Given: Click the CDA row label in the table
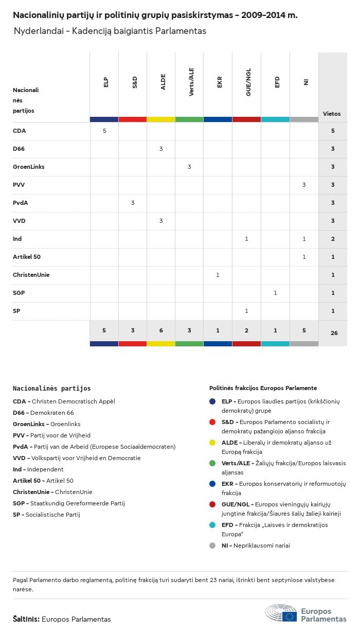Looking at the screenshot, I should [19, 131].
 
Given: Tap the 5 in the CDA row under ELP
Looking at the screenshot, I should [104, 131].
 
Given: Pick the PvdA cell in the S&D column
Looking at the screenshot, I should [133, 203].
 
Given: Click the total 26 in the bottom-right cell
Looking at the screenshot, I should [334, 333].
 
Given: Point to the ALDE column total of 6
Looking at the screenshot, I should [161, 330].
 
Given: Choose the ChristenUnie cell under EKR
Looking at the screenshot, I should [218, 275].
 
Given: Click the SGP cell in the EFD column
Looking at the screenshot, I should [275, 293].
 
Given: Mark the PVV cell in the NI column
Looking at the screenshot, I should [304, 185].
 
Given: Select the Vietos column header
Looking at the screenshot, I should [332, 114].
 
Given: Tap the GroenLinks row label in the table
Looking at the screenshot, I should [29, 167].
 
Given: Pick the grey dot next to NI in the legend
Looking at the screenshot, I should [212, 546].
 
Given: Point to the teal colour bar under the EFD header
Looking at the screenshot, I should [275, 119].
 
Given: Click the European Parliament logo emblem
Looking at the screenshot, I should [281, 613].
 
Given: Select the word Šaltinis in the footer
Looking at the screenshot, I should [26, 619].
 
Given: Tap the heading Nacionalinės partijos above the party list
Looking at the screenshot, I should [51, 389].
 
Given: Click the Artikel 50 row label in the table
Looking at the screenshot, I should [27, 257].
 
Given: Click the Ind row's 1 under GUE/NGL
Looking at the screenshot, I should [246, 239].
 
